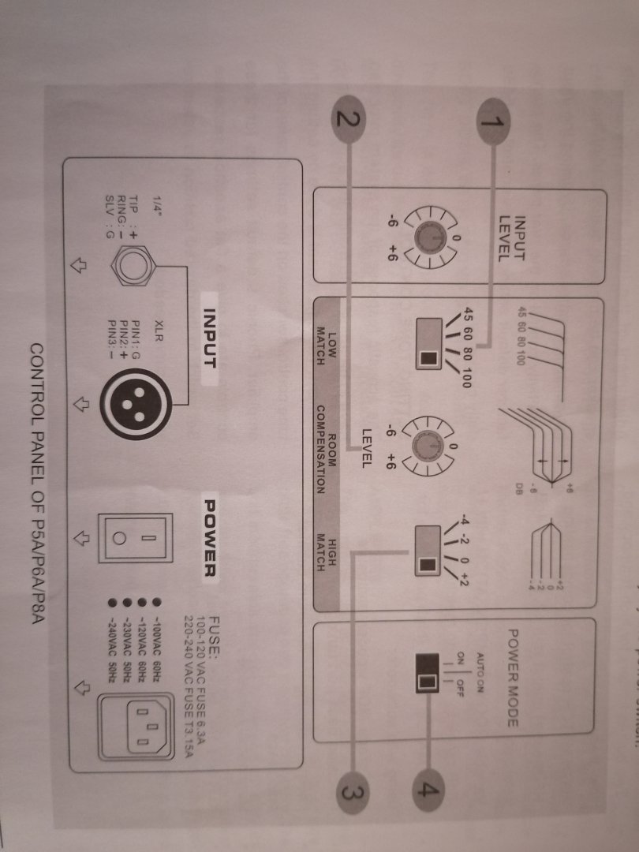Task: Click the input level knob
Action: pos(426,237)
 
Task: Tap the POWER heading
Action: pos(210,536)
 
